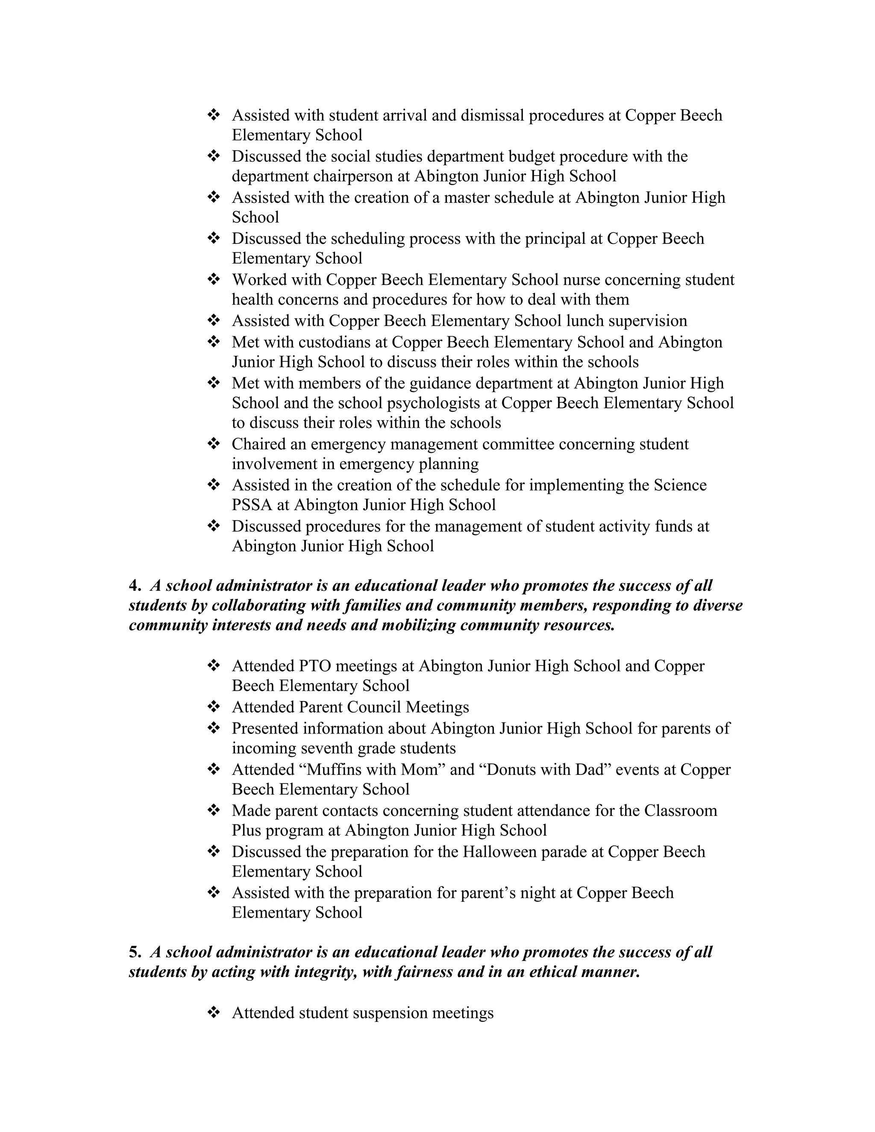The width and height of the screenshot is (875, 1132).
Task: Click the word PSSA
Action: pyautogui.click(x=252, y=505)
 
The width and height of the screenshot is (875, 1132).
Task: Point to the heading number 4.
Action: pyautogui.click(x=135, y=586)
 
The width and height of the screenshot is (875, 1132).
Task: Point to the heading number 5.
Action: pyautogui.click(x=135, y=952)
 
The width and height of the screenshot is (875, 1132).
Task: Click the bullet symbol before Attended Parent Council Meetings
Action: pyautogui.click(x=214, y=707)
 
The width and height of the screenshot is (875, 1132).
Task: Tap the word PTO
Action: pyautogui.click(x=315, y=666)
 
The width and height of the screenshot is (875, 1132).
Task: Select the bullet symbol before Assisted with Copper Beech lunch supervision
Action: pyautogui.click(x=214, y=320)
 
